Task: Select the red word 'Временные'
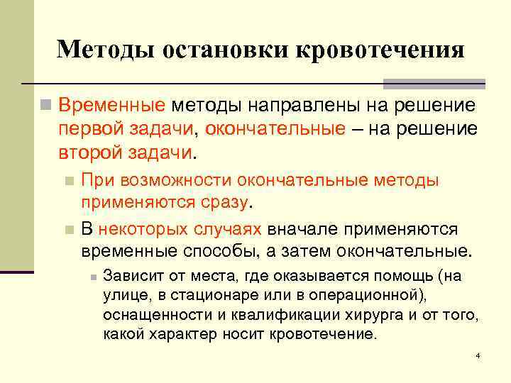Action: tap(112, 106)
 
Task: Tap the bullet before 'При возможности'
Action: tap(68, 181)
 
